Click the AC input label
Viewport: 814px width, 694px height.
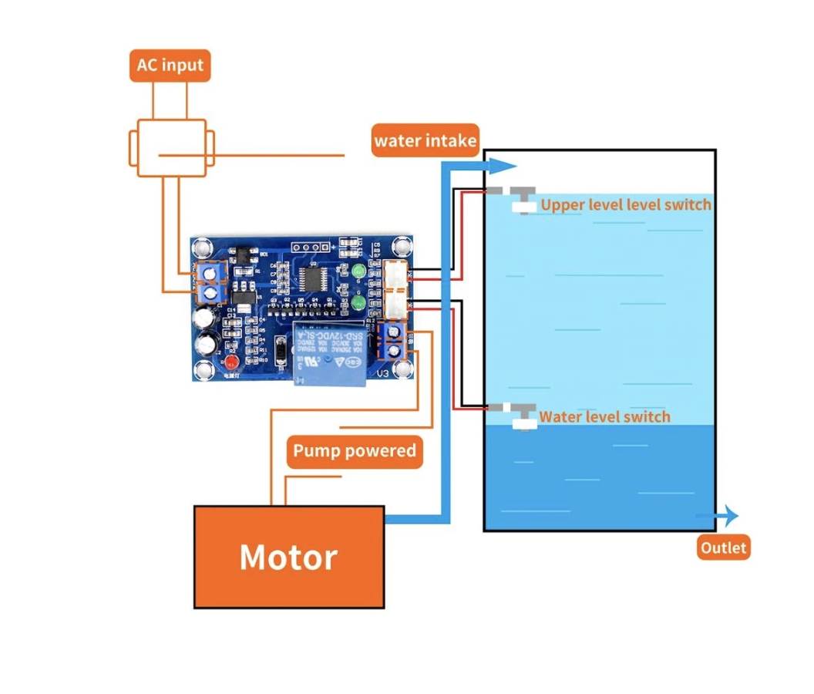170,66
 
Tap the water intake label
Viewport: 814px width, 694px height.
425,141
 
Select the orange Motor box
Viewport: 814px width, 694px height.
288,557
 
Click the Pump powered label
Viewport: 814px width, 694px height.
355,451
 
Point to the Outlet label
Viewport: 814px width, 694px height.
723,547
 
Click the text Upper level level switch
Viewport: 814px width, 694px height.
625,205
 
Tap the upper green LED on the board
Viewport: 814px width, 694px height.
358,271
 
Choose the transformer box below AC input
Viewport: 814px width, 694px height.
171,148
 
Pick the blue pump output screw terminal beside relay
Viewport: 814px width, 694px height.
394,341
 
